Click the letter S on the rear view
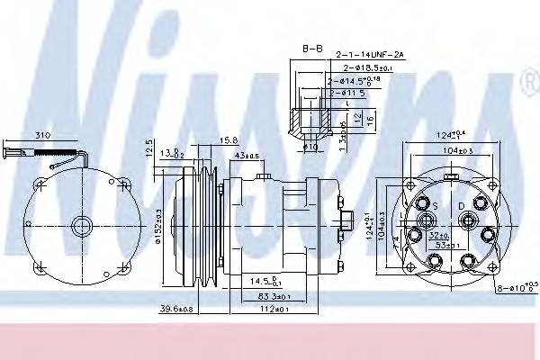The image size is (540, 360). (x=435, y=206)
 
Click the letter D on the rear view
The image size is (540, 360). (x=462, y=206)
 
